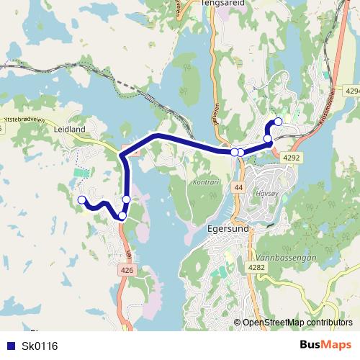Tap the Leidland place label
(69, 130)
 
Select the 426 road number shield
(127, 270)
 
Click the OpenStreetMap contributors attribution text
(297, 323)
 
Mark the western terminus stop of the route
(82, 200)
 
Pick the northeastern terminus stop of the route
(279, 122)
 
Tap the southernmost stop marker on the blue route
(122, 215)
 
